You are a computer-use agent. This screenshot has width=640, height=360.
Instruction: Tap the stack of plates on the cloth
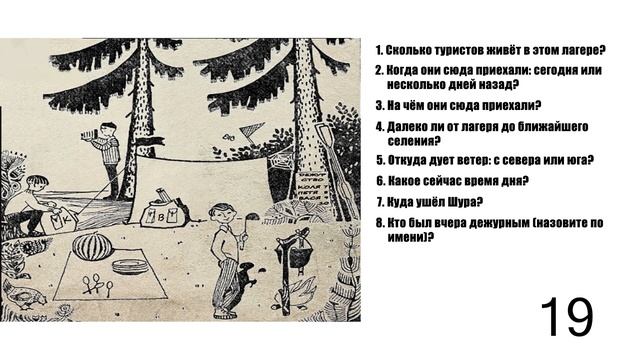click(127, 266)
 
